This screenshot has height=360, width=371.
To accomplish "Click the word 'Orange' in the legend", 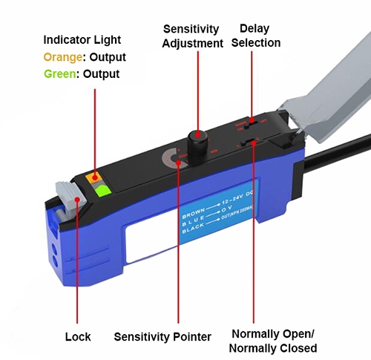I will point(62,56).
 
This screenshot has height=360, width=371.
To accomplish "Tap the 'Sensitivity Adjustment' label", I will point(192,36).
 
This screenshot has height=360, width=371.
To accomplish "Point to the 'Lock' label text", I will point(77,336).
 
